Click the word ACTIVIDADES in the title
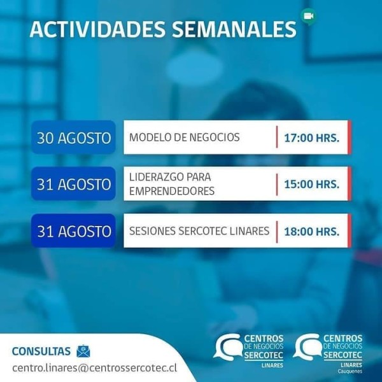tap(97, 29)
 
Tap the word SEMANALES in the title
tap(234, 29)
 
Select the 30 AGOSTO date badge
tap(73, 137)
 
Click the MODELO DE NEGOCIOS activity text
tap(185, 137)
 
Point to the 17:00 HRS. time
tap(312, 138)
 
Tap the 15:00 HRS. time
tap(312, 184)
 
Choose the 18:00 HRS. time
tap(312, 232)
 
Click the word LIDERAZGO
tap(155, 177)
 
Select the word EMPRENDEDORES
tap(172, 191)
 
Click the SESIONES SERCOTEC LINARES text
tap(199, 231)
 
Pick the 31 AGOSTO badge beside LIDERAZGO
tap(73, 184)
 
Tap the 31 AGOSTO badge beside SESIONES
tap(73, 230)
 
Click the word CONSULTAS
tap(41, 351)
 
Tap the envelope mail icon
tap(83, 351)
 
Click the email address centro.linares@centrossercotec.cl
tap(94, 368)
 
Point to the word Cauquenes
tap(350, 372)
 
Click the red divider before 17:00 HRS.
tap(277, 137)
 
